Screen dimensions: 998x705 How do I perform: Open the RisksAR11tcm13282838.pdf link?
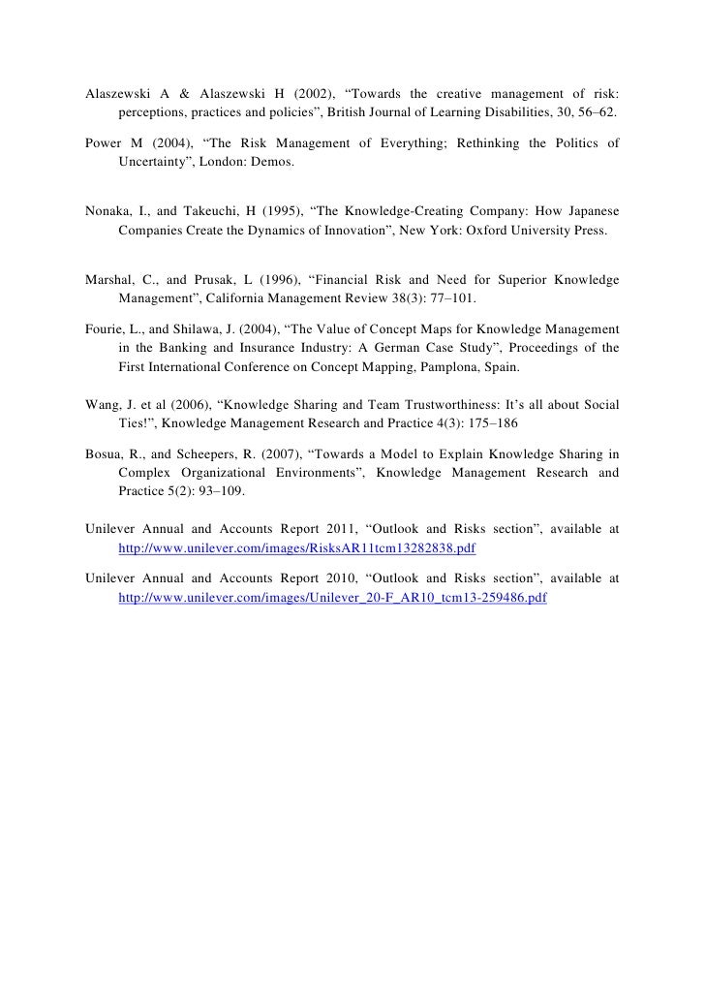click(x=296, y=547)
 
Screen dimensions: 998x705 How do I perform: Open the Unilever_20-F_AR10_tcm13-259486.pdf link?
click(x=332, y=598)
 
